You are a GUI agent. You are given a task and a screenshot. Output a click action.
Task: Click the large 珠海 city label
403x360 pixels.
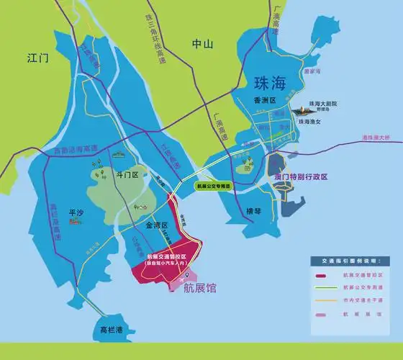(268, 81)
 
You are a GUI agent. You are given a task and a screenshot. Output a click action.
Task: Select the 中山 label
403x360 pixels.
(203, 44)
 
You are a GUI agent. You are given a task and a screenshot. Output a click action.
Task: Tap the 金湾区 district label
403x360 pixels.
(157, 225)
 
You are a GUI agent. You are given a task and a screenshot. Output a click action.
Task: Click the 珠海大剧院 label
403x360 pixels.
(323, 104)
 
